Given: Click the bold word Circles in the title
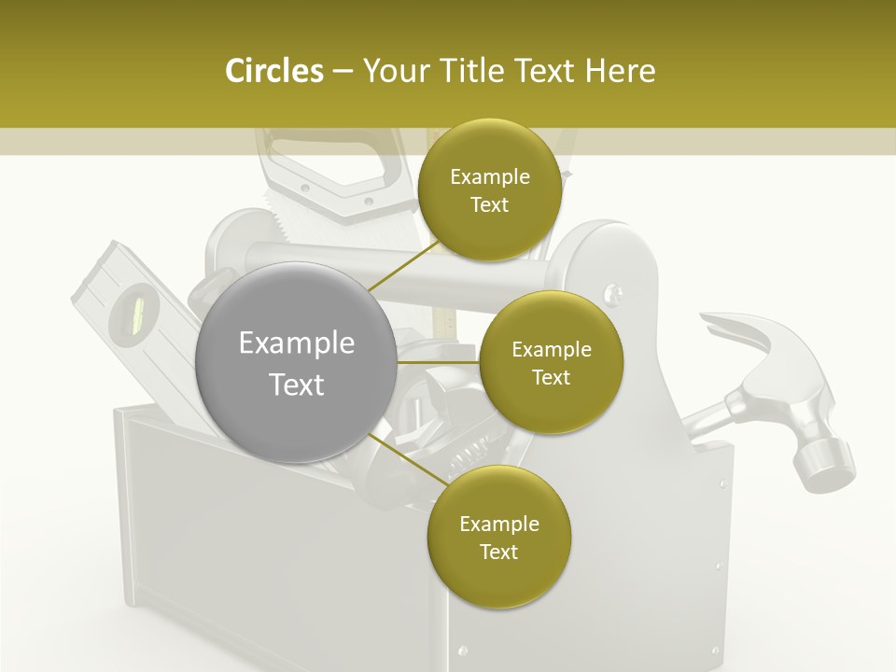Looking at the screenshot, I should [273, 71].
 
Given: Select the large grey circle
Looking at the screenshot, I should [296, 363].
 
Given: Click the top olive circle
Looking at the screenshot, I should [489, 190].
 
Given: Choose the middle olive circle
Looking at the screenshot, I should [551, 363].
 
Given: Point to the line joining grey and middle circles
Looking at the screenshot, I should [438, 362].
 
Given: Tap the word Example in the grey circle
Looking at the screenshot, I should [296, 343].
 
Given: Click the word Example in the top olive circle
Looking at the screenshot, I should [489, 176].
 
